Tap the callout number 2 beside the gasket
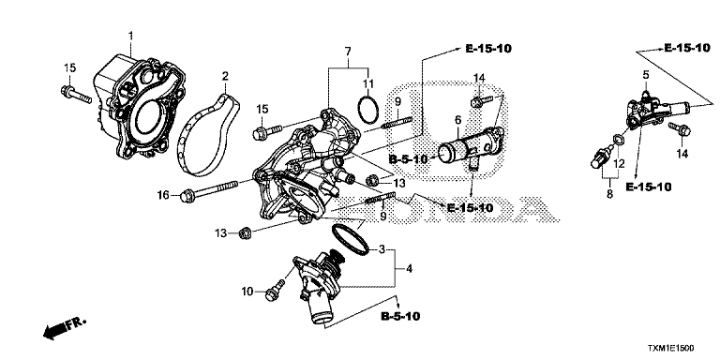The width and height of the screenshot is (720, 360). [x=224, y=75]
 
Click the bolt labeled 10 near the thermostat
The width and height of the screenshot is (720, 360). [x=277, y=289]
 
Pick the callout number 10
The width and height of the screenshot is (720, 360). [x=247, y=292]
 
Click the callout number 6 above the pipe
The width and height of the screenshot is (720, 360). [x=457, y=119]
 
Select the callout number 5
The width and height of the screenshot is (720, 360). [x=646, y=73]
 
